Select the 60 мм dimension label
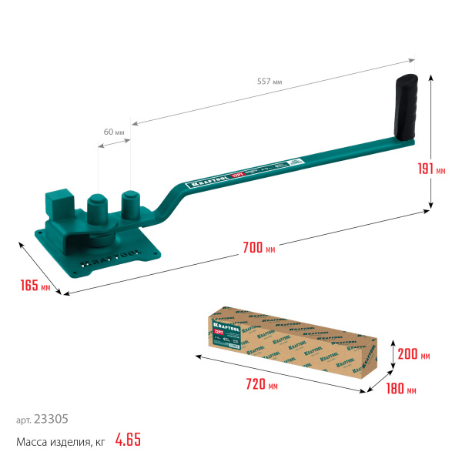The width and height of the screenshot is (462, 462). click(114, 132)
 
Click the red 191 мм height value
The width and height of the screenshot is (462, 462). click(436, 170)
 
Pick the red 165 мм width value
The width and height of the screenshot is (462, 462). click(35, 286)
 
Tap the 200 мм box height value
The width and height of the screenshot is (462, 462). click(414, 355)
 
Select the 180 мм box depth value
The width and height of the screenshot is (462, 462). click(400, 390)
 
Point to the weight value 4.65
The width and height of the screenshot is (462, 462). click(128, 440)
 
